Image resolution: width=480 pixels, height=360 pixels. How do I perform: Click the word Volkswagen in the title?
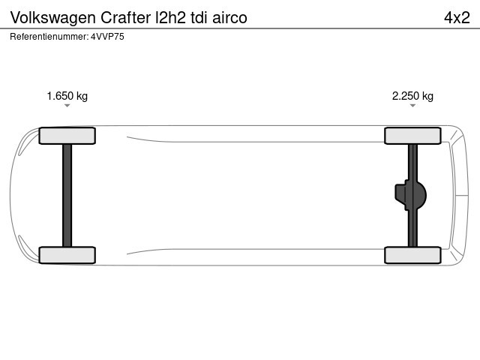[x=53, y=18]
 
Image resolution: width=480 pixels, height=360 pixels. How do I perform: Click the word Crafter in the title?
[x=125, y=17]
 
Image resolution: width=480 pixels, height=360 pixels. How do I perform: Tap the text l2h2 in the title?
[x=171, y=17]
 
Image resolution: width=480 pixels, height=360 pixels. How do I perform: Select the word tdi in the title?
[x=199, y=17]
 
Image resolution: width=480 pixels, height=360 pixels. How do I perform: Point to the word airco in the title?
[x=229, y=17]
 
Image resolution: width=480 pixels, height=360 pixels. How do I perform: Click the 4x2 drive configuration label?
[x=457, y=17]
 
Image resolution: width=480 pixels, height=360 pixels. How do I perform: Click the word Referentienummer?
[x=49, y=37]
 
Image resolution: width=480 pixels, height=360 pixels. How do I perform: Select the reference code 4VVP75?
[x=107, y=37]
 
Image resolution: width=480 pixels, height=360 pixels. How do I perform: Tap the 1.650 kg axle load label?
[x=67, y=96]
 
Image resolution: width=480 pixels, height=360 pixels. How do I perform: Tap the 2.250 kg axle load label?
[x=412, y=96]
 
